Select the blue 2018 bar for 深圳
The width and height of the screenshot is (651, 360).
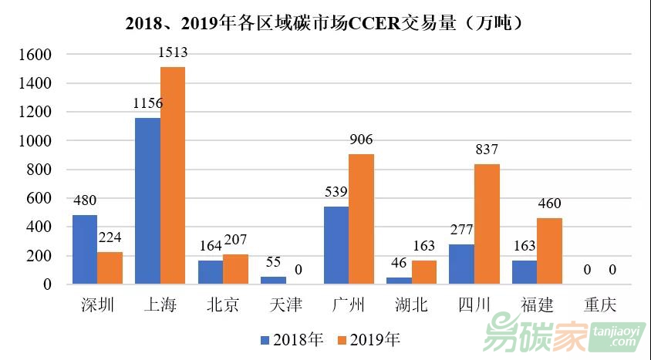click(85, 250)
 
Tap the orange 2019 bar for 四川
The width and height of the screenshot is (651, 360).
click(487, 224)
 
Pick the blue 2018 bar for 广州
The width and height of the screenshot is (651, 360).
click(336, 245)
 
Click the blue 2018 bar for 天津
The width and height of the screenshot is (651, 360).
click(273, 280)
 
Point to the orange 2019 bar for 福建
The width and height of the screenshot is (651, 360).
click(550, 251)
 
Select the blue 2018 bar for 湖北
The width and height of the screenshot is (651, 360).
click(399, 281)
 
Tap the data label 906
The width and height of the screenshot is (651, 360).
click(361, 140)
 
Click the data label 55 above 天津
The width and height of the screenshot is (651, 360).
click(273, 262)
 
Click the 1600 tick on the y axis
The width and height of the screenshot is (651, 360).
click(37, 55)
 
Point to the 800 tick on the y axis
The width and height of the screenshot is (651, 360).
click(41, 170)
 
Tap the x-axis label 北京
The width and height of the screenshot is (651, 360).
click(223, 305)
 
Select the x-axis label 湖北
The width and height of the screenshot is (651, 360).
click(411, 305)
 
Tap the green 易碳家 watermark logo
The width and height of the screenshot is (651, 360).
click(532, 334)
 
